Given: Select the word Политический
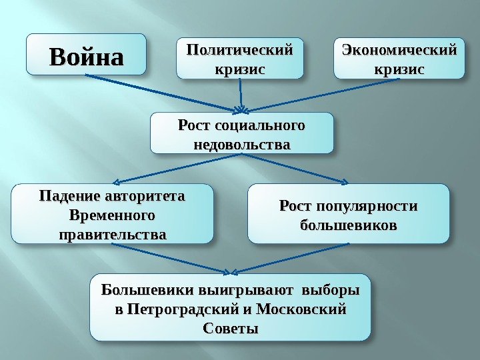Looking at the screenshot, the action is coord(239,51).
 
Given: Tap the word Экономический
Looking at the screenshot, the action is coord(399,51).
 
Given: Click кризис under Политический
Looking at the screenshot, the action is coord(239,69).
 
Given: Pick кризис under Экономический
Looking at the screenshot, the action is coord(399,69).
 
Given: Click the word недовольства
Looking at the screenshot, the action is coord(241,143).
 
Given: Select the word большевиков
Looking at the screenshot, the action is coord(348,225).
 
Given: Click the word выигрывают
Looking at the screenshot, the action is coord(245,291).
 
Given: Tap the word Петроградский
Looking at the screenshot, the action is coord(172,310).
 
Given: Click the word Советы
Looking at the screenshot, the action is coord(229,329).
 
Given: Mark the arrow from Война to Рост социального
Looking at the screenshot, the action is coord(167,92).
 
